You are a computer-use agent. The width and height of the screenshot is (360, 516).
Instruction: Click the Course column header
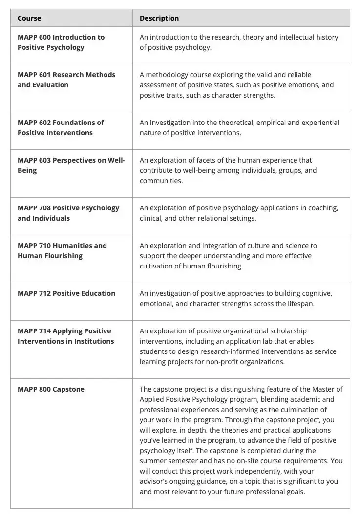29,18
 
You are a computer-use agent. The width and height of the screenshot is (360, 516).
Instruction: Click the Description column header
159,18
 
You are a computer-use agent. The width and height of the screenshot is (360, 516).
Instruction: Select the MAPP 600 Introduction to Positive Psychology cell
61,42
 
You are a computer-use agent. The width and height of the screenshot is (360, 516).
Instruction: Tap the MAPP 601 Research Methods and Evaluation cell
66,80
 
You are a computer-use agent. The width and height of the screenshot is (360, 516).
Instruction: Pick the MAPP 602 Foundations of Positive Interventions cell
61,127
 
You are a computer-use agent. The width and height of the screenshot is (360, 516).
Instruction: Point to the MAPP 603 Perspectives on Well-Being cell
71,165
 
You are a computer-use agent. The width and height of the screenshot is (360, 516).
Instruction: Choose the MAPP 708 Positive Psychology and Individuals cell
68,213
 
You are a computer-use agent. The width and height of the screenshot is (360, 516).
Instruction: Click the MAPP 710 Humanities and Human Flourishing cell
62,250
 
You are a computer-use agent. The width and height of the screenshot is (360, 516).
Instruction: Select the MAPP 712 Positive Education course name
66,293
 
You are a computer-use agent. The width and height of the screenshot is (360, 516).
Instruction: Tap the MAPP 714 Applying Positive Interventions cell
65,336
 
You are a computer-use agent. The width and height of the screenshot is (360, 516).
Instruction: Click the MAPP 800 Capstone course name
51,389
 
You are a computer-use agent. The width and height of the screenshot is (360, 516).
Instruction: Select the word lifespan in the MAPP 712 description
298,304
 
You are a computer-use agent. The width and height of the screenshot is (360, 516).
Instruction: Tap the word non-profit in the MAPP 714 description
222,362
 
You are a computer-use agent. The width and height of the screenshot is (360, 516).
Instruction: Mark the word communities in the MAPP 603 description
161,181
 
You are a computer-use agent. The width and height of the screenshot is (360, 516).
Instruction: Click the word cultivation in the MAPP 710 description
158,266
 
